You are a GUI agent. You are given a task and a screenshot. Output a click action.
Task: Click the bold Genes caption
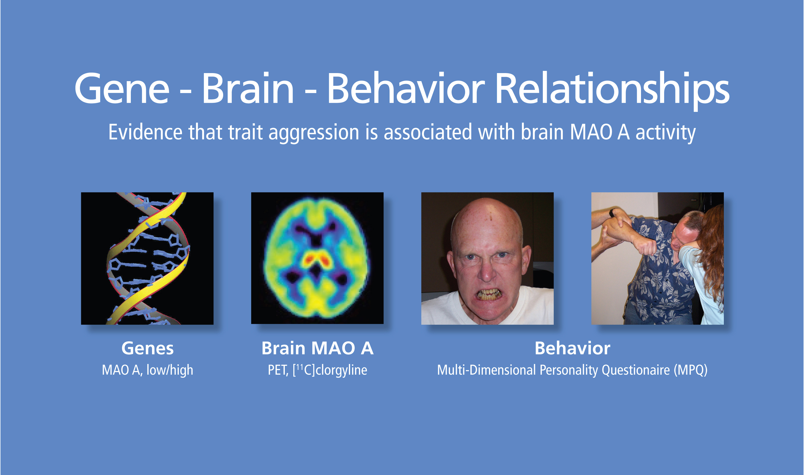[x=148, y=348]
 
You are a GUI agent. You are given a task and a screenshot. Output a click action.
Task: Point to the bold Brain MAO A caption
[x=317, y=348]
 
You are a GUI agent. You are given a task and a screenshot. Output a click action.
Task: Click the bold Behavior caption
[x=573, y=348]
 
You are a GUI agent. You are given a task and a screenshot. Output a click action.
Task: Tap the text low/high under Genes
[x=170, y=370]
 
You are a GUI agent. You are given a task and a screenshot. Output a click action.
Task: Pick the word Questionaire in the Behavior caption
[x=636, y=370]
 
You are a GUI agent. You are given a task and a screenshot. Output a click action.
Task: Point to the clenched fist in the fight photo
[x=646, y=247]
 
